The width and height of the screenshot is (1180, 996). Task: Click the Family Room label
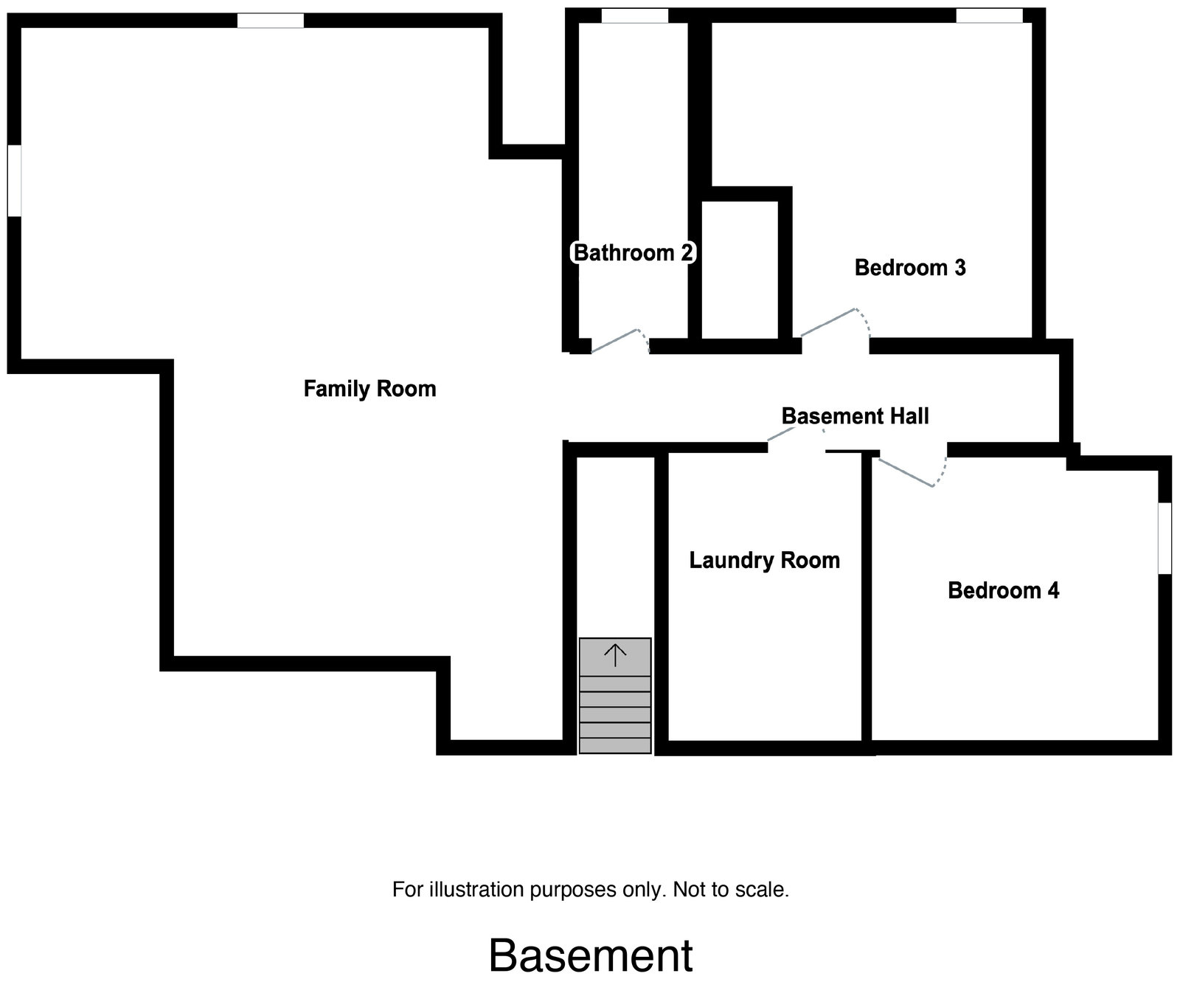(x=369, y=389)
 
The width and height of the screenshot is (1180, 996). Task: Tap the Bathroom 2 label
(x=633, y=253)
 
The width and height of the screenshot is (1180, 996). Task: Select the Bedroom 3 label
(x=909, y=267)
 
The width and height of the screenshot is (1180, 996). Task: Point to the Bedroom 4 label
(x=1003, y=590)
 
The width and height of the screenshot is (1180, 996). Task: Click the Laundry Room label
(x=764, y=560)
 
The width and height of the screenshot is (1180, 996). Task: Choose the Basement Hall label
(x=855, y=416)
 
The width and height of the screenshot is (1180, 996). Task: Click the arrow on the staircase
(x=615, y=654)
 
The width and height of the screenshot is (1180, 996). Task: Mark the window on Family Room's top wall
(x=271, y=21)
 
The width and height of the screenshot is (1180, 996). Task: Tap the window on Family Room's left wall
(x=14, y=181)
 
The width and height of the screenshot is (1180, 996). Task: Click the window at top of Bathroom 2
(x=634, y=15)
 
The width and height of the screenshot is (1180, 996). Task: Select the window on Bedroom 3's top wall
(x=989, y=15)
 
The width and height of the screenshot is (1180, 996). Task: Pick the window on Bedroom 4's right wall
(x=1165, y=538)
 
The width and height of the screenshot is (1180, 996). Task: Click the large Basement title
(x=591, y=955)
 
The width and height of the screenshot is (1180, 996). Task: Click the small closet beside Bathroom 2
(x=740, y=269)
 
